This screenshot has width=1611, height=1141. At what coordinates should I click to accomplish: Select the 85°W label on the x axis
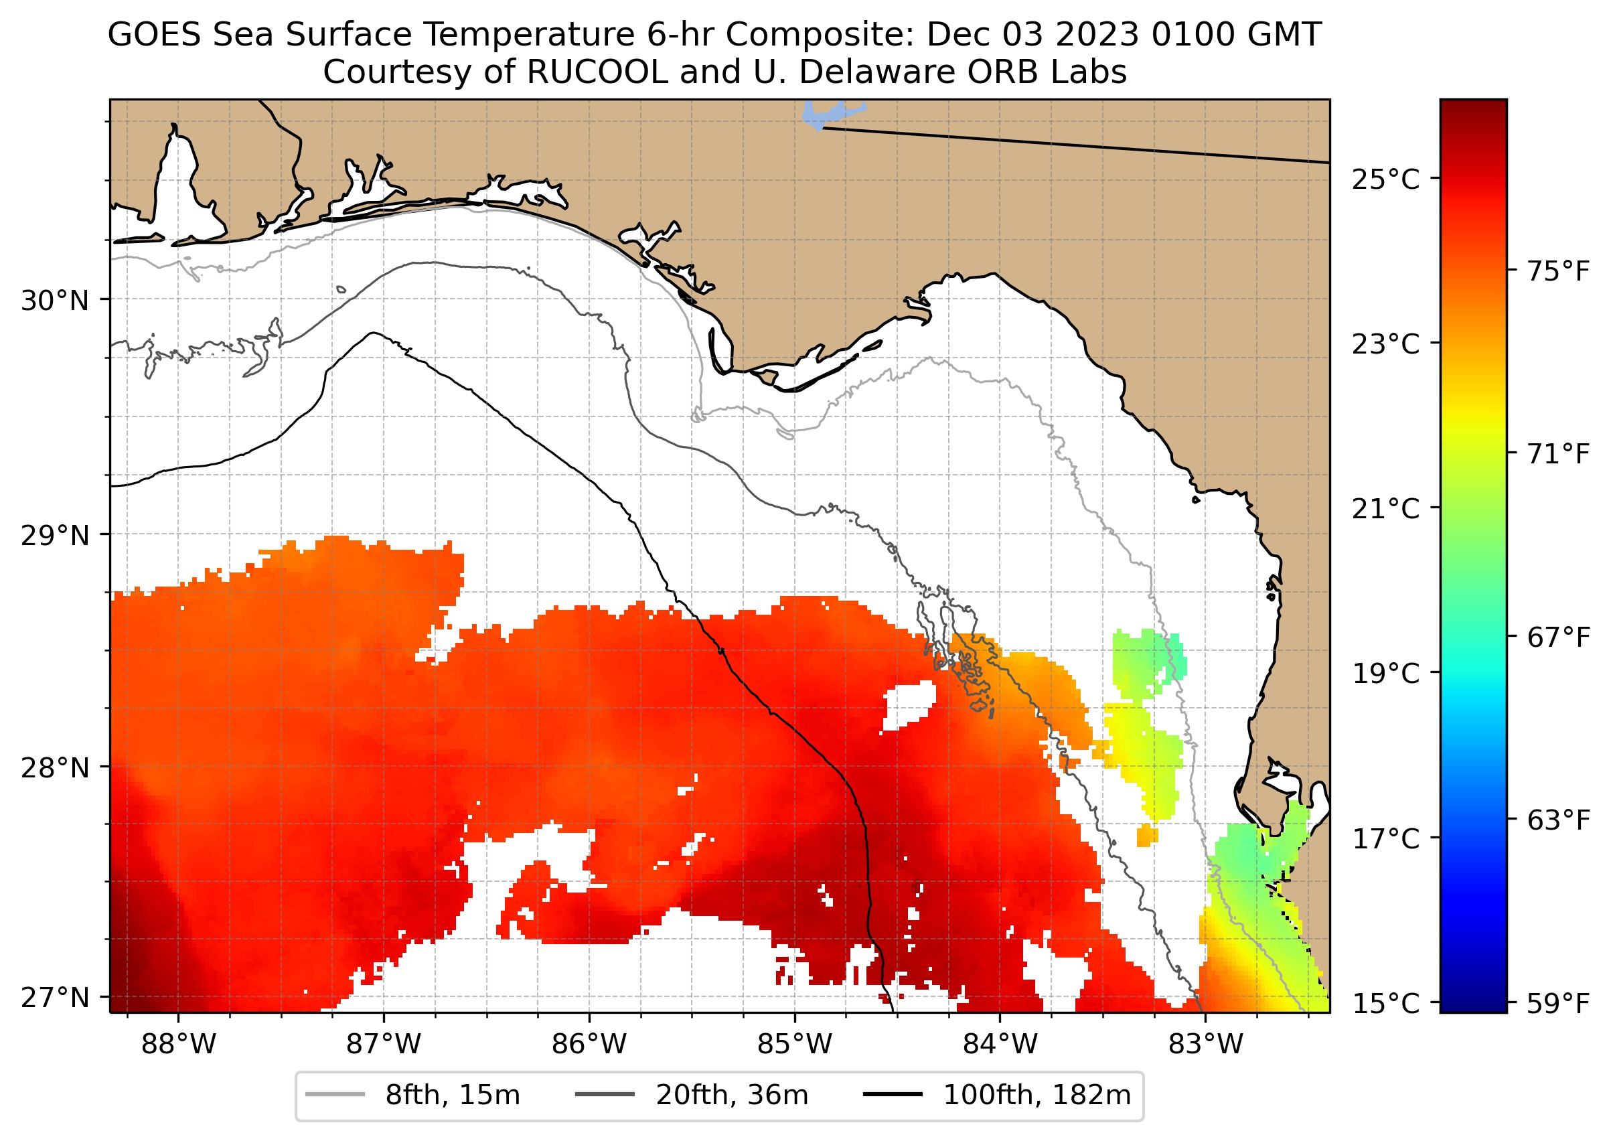795,1045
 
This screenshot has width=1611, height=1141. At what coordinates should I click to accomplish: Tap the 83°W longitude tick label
1206,1045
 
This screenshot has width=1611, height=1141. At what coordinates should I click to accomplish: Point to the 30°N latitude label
55,301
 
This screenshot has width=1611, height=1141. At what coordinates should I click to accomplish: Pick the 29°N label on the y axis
55,536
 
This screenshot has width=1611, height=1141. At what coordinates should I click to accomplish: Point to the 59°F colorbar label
1557,1004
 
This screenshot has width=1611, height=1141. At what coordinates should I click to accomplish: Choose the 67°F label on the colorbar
1557,637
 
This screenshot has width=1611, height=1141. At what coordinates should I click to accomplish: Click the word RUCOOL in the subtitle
597,72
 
